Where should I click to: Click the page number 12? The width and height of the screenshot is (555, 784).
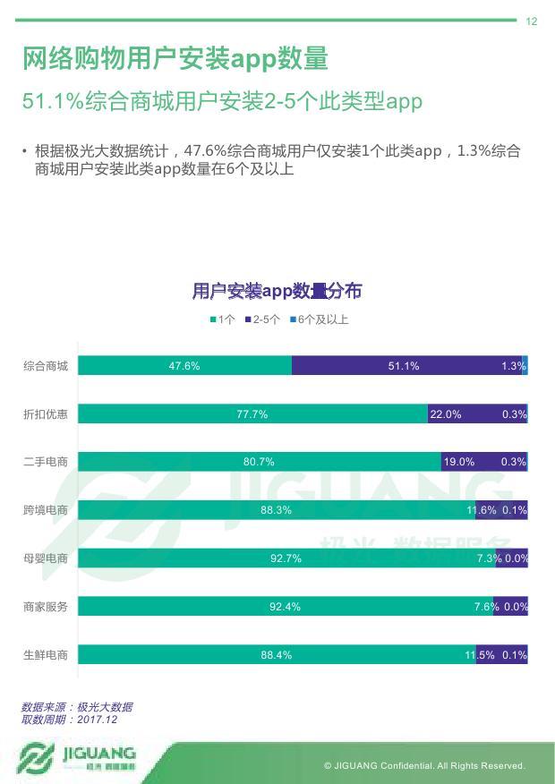point(532,21)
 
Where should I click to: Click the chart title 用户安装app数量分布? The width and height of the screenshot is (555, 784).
point(277,292)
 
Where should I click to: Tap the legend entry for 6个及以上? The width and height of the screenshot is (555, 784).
point(319,320)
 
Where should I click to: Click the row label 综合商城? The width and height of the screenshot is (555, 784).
point(46,365)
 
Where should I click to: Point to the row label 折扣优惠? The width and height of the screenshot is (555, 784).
point(46,413)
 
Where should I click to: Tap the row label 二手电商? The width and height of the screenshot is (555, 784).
point(46,462)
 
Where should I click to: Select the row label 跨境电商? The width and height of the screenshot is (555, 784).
point(46,510)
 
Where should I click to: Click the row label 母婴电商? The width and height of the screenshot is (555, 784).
point(46,558)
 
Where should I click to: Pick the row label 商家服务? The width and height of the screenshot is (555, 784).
point(46,607)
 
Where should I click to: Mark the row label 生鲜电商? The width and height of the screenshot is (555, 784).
point(46,655)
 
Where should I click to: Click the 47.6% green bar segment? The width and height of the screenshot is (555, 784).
point(184,365)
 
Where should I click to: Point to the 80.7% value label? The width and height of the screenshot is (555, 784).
point(259,462)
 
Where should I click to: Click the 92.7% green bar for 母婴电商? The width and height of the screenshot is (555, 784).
point(286,558)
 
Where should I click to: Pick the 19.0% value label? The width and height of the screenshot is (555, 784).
point(459,462)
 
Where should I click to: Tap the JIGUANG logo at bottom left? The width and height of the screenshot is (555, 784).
point(77,758)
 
